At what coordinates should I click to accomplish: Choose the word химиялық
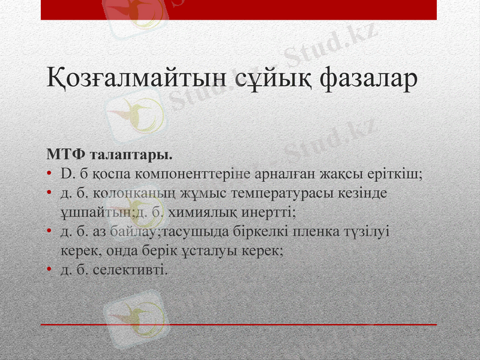pyautogui.click(x=202, y=212)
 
